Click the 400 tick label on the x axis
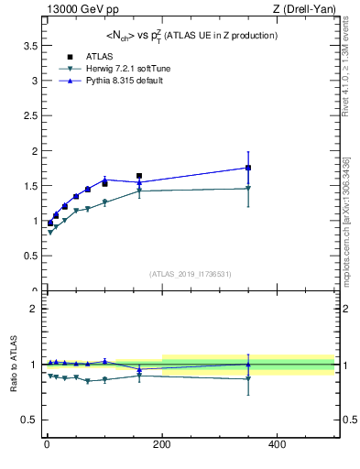(277, 444)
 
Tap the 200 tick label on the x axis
(161, 444)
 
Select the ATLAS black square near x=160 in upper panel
(139, 175)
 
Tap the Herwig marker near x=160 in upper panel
(139, 191)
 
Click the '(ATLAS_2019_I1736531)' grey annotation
(191, 274)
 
